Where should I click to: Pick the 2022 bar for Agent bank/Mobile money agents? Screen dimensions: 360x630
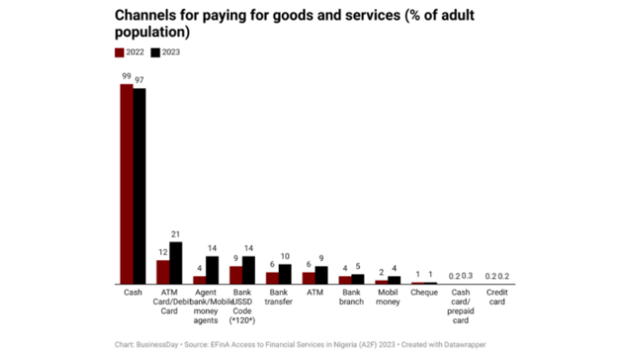coord(200,280)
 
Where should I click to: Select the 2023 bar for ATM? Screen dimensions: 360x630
coord(321,274)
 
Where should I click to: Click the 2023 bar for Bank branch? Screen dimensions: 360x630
coord(357,279)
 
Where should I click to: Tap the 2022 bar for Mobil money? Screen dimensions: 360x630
coord(382,282)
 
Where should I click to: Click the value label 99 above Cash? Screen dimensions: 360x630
coord(127,77)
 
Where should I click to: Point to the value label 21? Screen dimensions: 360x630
coord(175,235)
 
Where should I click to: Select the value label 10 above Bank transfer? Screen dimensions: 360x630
coord(284,257)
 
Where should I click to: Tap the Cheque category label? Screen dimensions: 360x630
coord(424,293)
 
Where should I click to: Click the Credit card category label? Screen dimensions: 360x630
coord(496,298)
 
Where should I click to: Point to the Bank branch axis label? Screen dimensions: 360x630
coord(351,298)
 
